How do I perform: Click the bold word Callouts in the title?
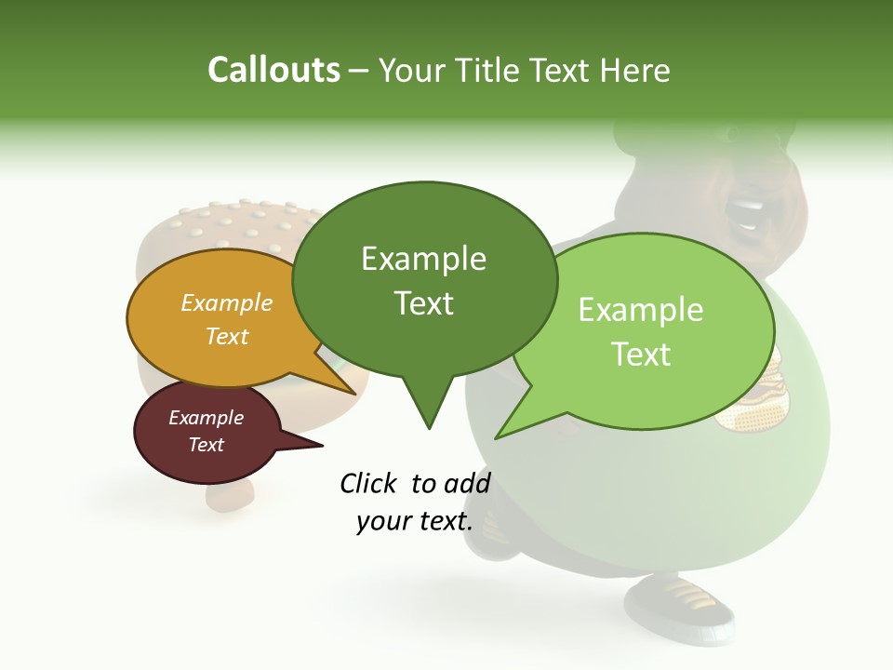click(x=273, y=70)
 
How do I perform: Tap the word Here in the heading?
click(x=635, y=70)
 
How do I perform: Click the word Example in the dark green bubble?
click(x=423, y=258)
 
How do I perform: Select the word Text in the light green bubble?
click(x=642, y=355)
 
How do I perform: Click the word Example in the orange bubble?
click(x=227, y=302)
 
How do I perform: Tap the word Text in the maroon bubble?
click(x=207, y=445)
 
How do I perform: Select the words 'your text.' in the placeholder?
click(x=415, y=522)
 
